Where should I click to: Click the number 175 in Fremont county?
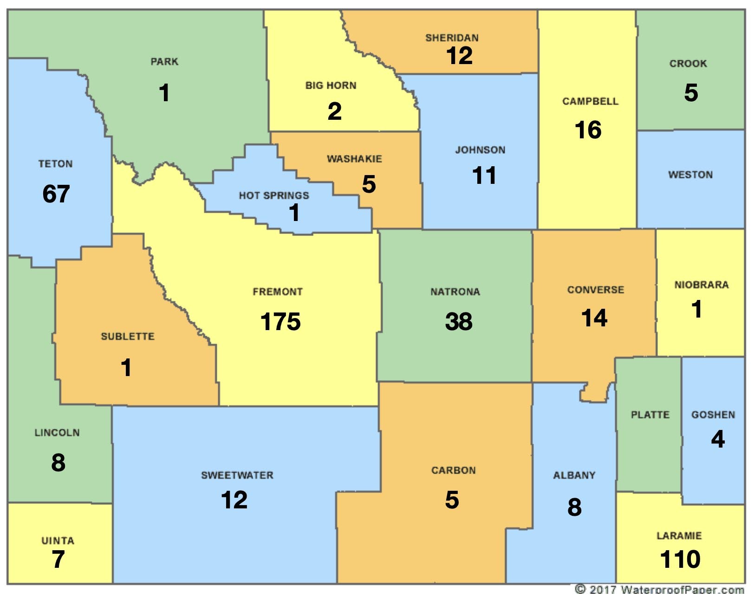[280, 322]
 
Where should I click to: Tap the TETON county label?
[55, 164]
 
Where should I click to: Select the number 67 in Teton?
[56, 194]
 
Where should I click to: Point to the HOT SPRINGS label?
[274, 195]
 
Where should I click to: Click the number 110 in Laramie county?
[680, 559]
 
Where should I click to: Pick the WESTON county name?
[690, 175]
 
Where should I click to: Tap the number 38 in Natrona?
[459, 321]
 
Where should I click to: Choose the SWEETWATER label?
[237, 475]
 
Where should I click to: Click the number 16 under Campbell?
[588, 130]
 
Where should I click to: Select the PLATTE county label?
[650, 415]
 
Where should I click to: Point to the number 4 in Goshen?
[718, 439]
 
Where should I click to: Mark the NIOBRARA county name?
[702, 285]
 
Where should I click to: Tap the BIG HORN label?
[331, 85]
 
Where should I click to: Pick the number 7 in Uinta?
[58, 559]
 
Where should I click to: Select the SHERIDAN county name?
[452, 38]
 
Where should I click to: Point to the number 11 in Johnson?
[484, 176]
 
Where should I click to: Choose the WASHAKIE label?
[354, 159]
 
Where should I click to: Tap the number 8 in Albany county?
[574, 507]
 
